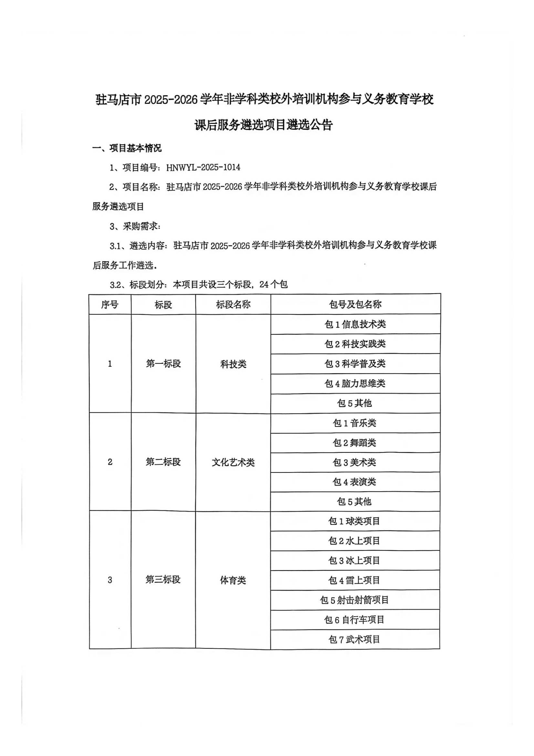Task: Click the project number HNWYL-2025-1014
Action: click(x=203, y=167)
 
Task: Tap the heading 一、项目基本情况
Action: click(x=127, y=148)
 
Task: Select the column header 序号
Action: click(x=110, y=305)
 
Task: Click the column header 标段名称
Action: click(x=233, y=305)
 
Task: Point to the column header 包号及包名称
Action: click(x=355, y=304)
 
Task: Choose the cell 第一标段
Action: click(x=163, y=363)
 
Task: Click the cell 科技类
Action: click(x=233, y=364)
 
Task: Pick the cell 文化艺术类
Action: click(x=233, y=462)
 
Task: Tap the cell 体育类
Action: click(x=233, y=580)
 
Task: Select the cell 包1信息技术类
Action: click(x=355, y=324)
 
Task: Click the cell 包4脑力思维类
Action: click(x=355, y=383)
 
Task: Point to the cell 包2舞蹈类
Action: click(x=354, y=443)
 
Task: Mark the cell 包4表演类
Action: click(x=354, y=482)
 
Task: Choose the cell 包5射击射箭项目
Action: click(x=354, y=600)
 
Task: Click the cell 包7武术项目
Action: click(x=354, y=640)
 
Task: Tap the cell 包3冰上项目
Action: click(x=354, y=560)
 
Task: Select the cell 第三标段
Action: click(x=163, y=579)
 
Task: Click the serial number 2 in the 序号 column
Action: click(x=110, y=462)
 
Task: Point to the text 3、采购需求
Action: click(x=135, y=226)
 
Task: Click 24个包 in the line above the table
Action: click(x=273, y=285)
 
